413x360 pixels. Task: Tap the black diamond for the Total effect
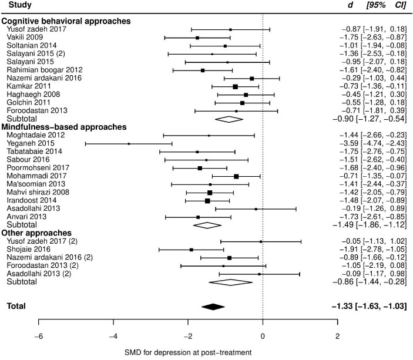[x=213, y=306]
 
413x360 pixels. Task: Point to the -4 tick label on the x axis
[x=113, y=337]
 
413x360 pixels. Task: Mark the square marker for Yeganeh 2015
[x=129, y=143]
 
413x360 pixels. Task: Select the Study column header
[x=16, y=6]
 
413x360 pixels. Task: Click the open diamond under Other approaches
[x=230, y=282]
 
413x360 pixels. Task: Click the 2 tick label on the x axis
[x=337, y=337]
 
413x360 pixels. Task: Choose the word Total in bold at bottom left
[x=16, y=306]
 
